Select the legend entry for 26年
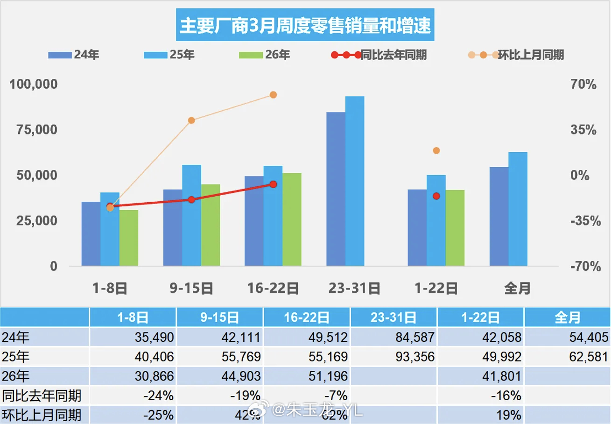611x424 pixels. (x=264, y=55)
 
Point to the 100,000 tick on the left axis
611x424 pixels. (x=34, y=85)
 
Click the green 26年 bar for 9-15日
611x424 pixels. (x=210, y=225)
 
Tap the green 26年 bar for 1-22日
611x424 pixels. (x=455, y=228)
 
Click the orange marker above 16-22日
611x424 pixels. (x=274, y=95)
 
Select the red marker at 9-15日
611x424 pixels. (x=191, y=199)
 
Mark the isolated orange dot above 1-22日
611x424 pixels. (x=436, y=150)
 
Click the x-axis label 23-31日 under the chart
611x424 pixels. (x=354, y=289)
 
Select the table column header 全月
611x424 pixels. (x=567, y=318)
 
